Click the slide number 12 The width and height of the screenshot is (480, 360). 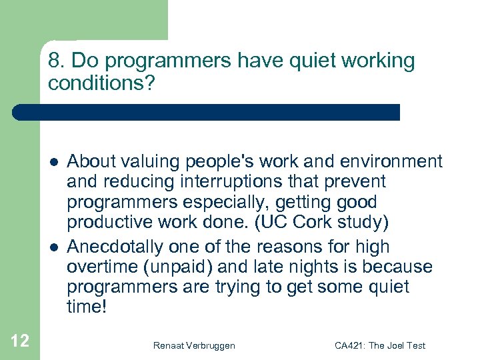click(x=20, y=341)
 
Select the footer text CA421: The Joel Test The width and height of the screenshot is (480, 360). click(x=380, y=345)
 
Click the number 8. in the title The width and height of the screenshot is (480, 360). click(x=56, y=61)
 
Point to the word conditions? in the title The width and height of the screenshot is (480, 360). click(x=99, y=83)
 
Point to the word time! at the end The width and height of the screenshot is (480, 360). click(x=87, y=309)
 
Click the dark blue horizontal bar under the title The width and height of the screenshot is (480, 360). click(x=207, y=112)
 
